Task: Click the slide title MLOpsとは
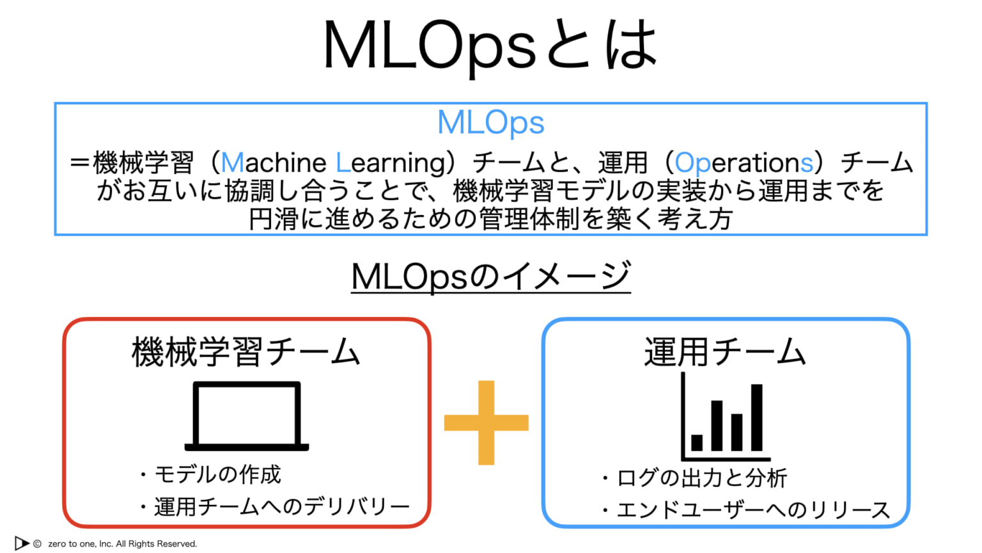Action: tap(490, 45)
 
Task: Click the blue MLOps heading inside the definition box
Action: tap(490, 122)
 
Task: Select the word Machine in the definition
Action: tap(274, 163)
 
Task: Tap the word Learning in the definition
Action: tap(394, 163)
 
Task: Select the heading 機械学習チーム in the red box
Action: tap(246, 352)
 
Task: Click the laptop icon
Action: tap(247, 416)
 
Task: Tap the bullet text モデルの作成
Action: tap(217, 474)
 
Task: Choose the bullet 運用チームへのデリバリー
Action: tap(281, 507)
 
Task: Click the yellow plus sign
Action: tap(487, 422)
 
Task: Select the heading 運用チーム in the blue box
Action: tap(724, 352)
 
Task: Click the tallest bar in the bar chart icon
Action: tap(757, 417)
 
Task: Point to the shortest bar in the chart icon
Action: tap(697, 442)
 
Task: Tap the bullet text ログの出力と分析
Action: tap(701, 478)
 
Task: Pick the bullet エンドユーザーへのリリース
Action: tap(752, 510)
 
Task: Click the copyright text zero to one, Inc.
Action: tap(122, 544)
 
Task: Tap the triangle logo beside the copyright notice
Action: tap(22, 543)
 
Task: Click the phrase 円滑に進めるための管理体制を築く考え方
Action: tap(490, 219)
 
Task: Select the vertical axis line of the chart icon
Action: tap(683, 416)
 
